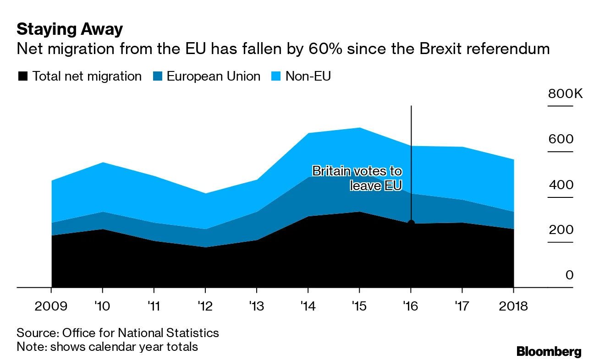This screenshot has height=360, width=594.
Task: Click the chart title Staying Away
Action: [70, 29]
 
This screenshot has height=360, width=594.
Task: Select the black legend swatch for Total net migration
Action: [22, 76]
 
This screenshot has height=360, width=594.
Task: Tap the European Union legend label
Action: [213, 76]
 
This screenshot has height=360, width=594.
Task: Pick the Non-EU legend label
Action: [308, 76]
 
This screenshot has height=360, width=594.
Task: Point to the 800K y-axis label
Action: [565, 94]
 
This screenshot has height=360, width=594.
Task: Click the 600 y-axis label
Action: [561, 139]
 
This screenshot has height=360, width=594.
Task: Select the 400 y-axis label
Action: [561, 185]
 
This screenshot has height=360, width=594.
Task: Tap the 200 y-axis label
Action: [561, 230]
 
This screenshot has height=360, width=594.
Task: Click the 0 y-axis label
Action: [569, 275]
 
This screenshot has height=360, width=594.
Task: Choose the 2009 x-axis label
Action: [51, 306]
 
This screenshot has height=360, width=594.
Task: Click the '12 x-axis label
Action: [205, 306]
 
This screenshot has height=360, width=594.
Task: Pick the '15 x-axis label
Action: [359, 306]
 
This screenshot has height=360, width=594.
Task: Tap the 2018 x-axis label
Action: [512, 306]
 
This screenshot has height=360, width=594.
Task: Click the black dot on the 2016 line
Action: [411, 223]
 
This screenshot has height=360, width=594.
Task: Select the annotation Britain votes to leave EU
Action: [362, 179]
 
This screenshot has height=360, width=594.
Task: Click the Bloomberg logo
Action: [549, 351]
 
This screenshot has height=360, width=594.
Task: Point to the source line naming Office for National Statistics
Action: [118, 333]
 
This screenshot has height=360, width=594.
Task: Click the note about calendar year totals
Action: [107, 346]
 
